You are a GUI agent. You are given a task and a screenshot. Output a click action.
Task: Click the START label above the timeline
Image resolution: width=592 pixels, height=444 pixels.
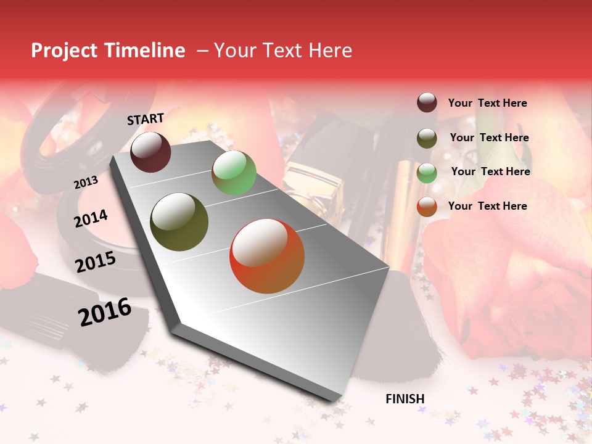pos(146,119)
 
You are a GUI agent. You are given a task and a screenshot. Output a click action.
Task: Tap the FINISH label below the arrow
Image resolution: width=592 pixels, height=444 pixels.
pos(405,399)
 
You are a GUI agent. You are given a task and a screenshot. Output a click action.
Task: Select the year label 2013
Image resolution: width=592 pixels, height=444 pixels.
pos(86,183)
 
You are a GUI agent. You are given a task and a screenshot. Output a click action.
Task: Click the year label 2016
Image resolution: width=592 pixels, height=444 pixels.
pos(105,312)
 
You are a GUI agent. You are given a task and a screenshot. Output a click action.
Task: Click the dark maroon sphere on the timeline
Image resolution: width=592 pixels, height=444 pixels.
pos(150,152)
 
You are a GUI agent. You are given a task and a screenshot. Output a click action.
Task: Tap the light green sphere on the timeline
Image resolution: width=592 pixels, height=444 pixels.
pos(234,173)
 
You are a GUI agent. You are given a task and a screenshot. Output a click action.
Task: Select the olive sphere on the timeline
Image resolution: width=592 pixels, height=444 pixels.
pos(179,222)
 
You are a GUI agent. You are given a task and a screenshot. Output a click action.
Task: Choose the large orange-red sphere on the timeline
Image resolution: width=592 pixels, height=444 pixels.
pos(267,256)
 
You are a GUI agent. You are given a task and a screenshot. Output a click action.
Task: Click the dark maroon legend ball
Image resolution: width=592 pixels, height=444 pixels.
pos(427,102)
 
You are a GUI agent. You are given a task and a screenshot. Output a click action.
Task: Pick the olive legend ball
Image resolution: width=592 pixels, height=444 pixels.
pos(427,138)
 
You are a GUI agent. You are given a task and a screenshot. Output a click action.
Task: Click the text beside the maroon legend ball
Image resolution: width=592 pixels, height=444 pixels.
pos(487,104)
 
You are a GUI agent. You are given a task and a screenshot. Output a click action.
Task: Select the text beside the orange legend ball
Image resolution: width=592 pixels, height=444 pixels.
pos(487,206)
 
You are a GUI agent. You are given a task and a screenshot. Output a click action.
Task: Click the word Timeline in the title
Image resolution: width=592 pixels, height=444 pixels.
pos(146,51)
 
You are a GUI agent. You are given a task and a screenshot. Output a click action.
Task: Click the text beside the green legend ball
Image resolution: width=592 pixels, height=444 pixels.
pos(490,171)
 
